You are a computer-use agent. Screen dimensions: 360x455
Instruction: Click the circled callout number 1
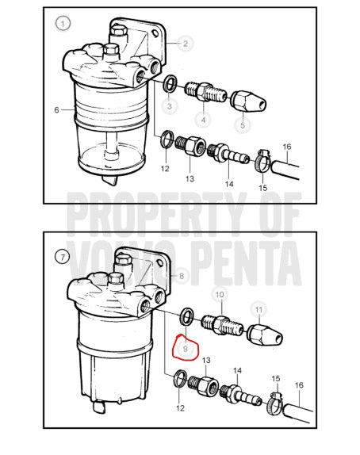(63, 23)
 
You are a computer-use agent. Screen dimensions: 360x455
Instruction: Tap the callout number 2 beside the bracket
(186, 44)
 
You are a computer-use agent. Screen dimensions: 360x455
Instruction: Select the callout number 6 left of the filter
(56, 110)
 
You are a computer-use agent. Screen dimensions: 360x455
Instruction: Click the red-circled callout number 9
(186, 348)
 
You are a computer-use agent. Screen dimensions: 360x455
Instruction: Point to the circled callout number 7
(63, 257)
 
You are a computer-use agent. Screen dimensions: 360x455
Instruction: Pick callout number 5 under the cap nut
(243, 125)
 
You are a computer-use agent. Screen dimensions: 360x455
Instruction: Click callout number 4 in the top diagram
(203, 120)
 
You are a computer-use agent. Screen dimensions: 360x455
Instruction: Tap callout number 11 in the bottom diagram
(259, 310)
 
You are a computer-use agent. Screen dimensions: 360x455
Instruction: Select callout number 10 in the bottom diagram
(220, 295)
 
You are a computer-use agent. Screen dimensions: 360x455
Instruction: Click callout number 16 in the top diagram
(287, 147)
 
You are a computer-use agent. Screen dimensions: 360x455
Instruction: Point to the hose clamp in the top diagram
(262, 160)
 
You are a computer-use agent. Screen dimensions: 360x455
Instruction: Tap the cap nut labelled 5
(248, 101)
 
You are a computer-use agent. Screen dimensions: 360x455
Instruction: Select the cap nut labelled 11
(264, 335)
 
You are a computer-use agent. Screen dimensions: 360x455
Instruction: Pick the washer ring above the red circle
(187, 316)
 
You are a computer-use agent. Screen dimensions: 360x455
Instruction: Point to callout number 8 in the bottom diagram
(182, 276)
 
